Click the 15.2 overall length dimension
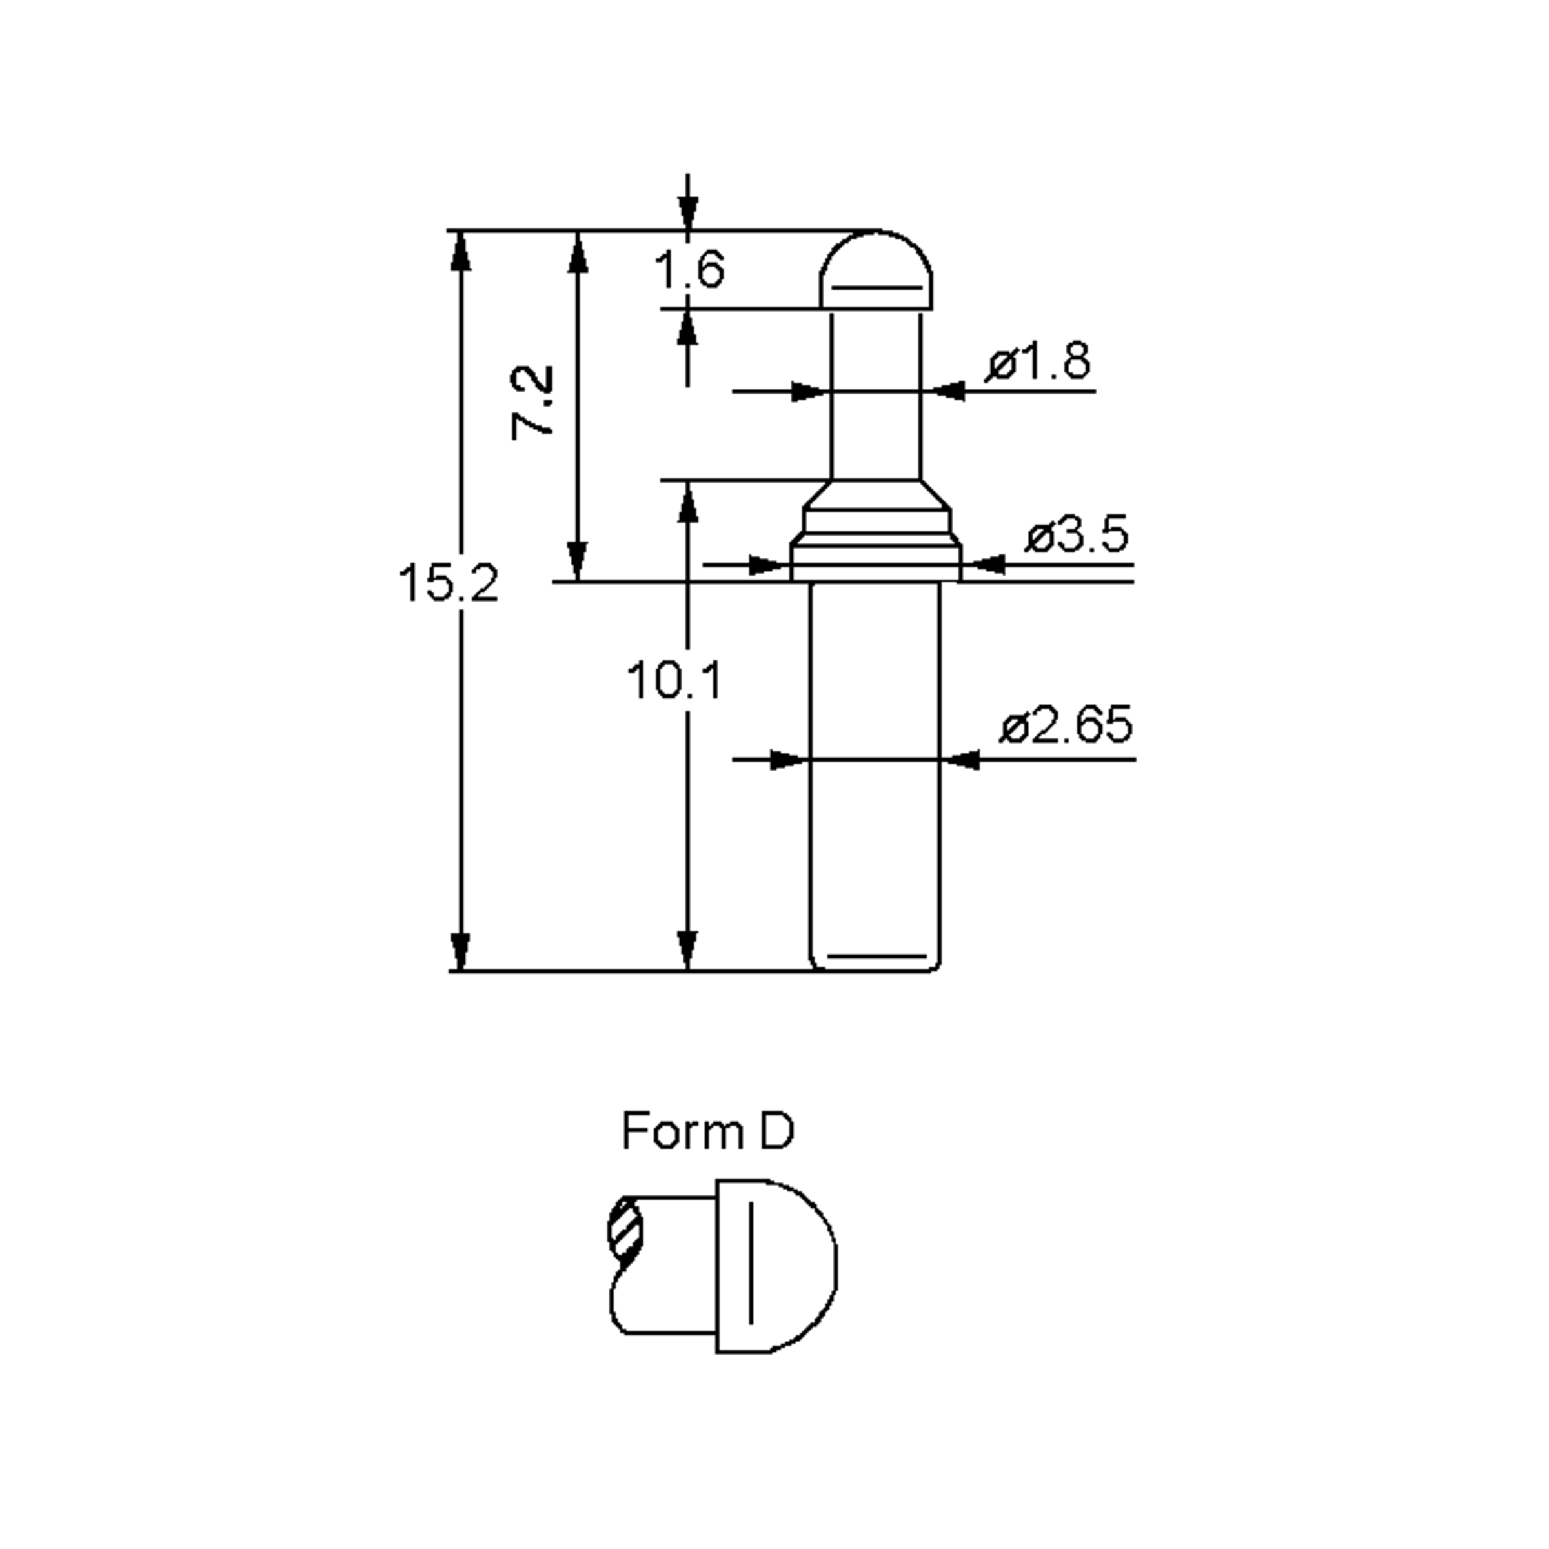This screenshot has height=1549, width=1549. point(447,583)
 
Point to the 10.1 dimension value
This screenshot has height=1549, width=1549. point(673,682)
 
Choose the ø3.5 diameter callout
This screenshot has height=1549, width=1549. point(1077,535)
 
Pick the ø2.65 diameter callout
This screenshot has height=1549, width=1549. point(1066,725)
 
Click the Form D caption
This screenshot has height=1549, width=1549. point(707,1131)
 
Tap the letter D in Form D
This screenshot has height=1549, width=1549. point(775,1131)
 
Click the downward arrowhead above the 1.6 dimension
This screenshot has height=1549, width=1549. point(688,212)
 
